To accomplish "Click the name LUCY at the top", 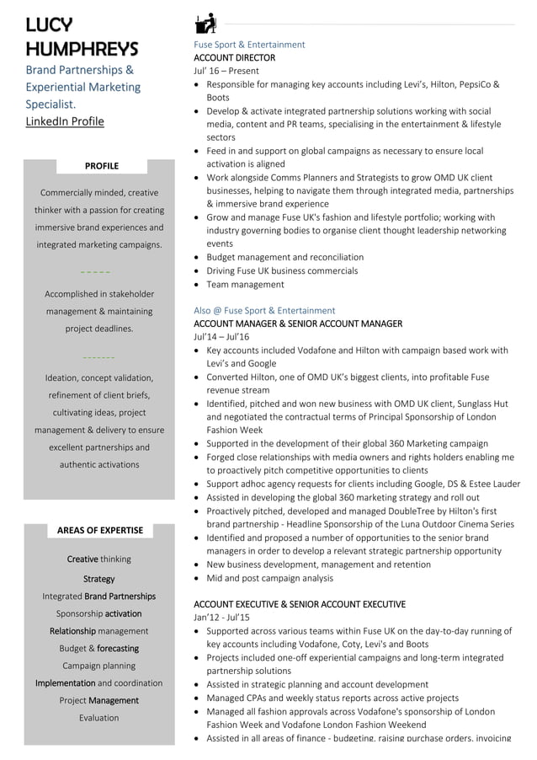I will (49, 24).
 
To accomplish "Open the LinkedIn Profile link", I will (65, 121).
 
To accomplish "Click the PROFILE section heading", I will (102, 166).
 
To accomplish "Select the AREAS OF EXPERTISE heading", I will (100, 530).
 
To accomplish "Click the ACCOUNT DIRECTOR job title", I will (234, 57).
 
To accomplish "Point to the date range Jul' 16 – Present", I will (226, 71).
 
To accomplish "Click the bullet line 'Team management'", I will (245, 285).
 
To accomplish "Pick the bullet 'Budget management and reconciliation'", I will (284, 257).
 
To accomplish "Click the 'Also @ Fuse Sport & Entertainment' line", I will (264, 310).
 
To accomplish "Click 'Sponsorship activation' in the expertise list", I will (98, 613).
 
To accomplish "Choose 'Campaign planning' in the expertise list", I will (98, 666).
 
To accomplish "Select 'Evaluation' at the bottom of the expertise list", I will (98, 718).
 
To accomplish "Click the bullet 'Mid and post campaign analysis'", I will (269, 578).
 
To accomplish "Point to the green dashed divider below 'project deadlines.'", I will (99, 357).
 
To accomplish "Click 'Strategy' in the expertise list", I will (98, 579).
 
